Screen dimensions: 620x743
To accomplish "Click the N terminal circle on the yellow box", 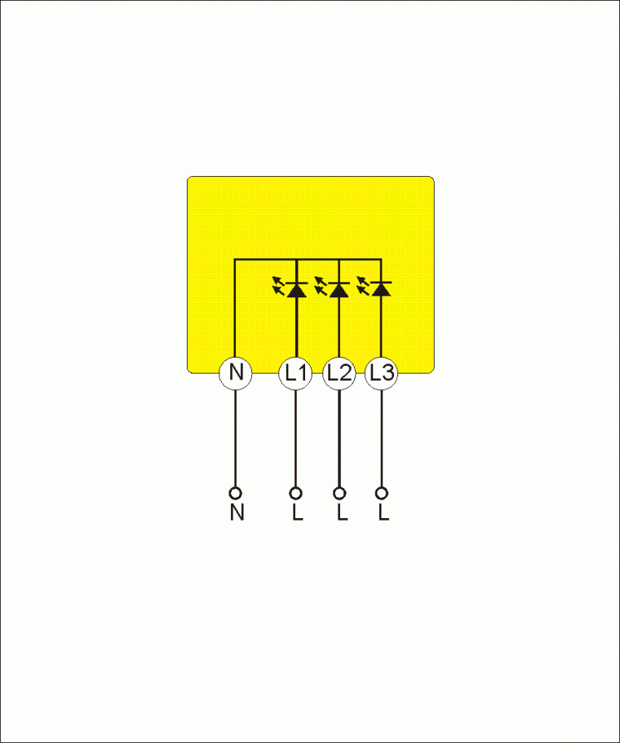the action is pos(235,373).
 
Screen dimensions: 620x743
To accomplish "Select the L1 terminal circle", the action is pos(295,373).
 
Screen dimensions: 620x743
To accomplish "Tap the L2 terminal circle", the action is pos(339,373).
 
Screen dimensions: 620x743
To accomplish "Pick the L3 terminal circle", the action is pos(382,373).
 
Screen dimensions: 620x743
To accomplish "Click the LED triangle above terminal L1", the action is pos(296,290).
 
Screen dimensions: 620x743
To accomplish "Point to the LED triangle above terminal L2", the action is pos(339,290).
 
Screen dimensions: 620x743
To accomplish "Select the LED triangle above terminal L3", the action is pos(382,289).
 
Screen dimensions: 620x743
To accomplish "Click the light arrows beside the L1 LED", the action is pos(278,286).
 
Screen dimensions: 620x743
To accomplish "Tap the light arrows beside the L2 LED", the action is pos(321,286).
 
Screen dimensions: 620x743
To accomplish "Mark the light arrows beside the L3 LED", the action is pos(363,286).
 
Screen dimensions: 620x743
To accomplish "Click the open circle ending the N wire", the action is pos(235,494).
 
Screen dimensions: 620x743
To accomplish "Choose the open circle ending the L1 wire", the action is pos(295,494).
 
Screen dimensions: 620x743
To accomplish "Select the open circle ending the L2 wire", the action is pos(339,494).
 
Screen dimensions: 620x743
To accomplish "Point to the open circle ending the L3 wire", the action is pos(382,494).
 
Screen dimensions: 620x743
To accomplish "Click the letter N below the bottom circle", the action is pos(237,512).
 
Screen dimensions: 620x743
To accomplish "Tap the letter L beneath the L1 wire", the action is pos(298,512).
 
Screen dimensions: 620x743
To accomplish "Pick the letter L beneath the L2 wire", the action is pos(342,512).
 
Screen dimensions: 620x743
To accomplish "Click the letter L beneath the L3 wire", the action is pos(383,512).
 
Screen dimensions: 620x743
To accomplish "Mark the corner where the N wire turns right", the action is pos(235,260).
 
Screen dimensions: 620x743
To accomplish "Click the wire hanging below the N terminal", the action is pos(235,439).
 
